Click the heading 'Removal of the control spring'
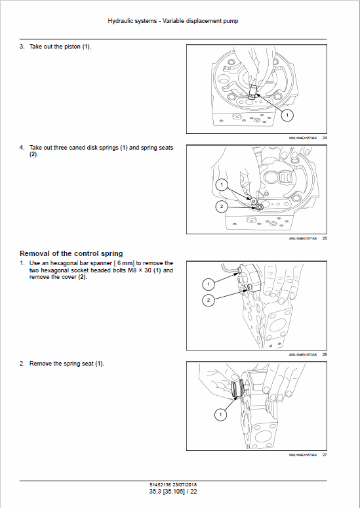point(71,253)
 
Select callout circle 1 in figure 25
point(222,186)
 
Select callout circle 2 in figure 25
point(222,207)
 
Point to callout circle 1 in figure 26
point(207,284)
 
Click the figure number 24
point(325,138)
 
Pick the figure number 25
point(325,238)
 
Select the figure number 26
point(325,354)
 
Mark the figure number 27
point(325,455)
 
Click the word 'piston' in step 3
point(70,48)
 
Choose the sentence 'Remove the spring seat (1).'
point(67,363)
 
